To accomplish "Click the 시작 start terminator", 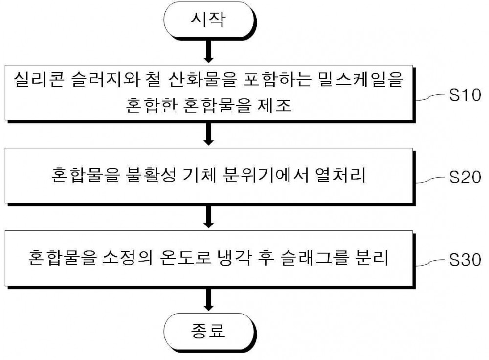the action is (209, 20).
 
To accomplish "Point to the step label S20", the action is (465, 177).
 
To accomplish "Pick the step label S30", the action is (465, 260).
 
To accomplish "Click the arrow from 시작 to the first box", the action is (209, 51).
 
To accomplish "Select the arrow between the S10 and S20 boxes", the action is (209, 134).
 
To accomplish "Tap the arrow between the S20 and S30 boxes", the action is (209, 217).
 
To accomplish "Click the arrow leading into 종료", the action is (209, 299).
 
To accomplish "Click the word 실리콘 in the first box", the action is (39, 79).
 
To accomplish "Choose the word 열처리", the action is (340, 175).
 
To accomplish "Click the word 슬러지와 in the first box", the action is (106, 79).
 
